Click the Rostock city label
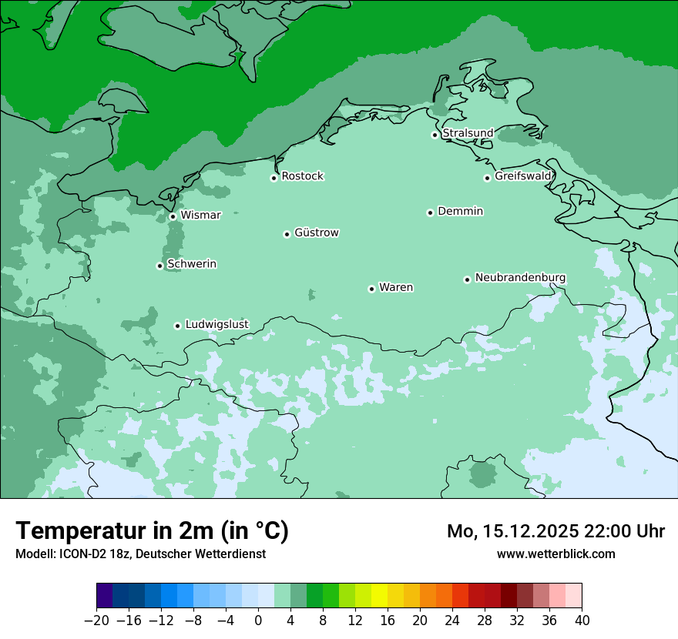(x=302, y=176)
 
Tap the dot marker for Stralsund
(x=435, y=135)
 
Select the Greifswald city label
(x=523, y=176)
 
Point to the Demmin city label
(x=460, y=211)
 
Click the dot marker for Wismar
(x=173, y=216)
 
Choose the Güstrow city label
(x=317, y=233)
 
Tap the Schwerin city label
(x=192, y=264)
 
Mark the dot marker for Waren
(x=371, y=289)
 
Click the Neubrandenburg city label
(x=520, y=278)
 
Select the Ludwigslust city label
(x=216, y=324)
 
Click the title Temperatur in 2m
(x=152, y=530)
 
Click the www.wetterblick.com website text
(x=555, y=554)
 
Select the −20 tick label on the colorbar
(x=96, y=621)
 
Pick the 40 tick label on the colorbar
(x=582, y=621)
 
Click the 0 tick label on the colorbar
(x=258, y=621)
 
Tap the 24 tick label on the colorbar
(x=452, y=621)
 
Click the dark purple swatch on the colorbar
(x=105, y=596)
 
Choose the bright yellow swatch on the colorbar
(x=379, y=596)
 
